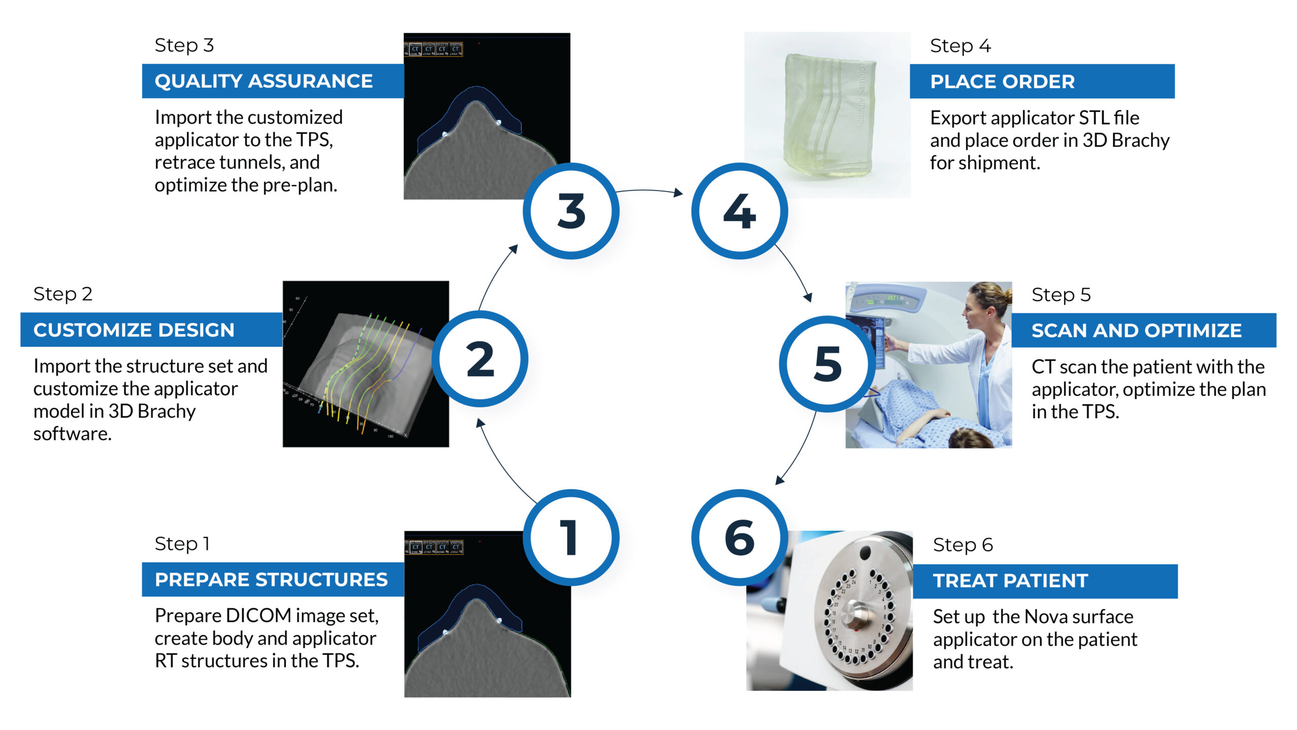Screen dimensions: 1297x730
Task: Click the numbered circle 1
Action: click(x=571, y=537)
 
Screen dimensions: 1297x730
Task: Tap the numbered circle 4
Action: click(x=740, y=211)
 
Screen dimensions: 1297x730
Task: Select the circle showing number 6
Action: click(x=740, y=537)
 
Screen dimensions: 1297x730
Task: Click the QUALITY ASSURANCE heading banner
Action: click(x=273, y=81)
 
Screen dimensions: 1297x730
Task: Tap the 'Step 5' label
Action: click(x=1061, y=295)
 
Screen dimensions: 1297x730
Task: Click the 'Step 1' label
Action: click(x=182, y=544)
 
